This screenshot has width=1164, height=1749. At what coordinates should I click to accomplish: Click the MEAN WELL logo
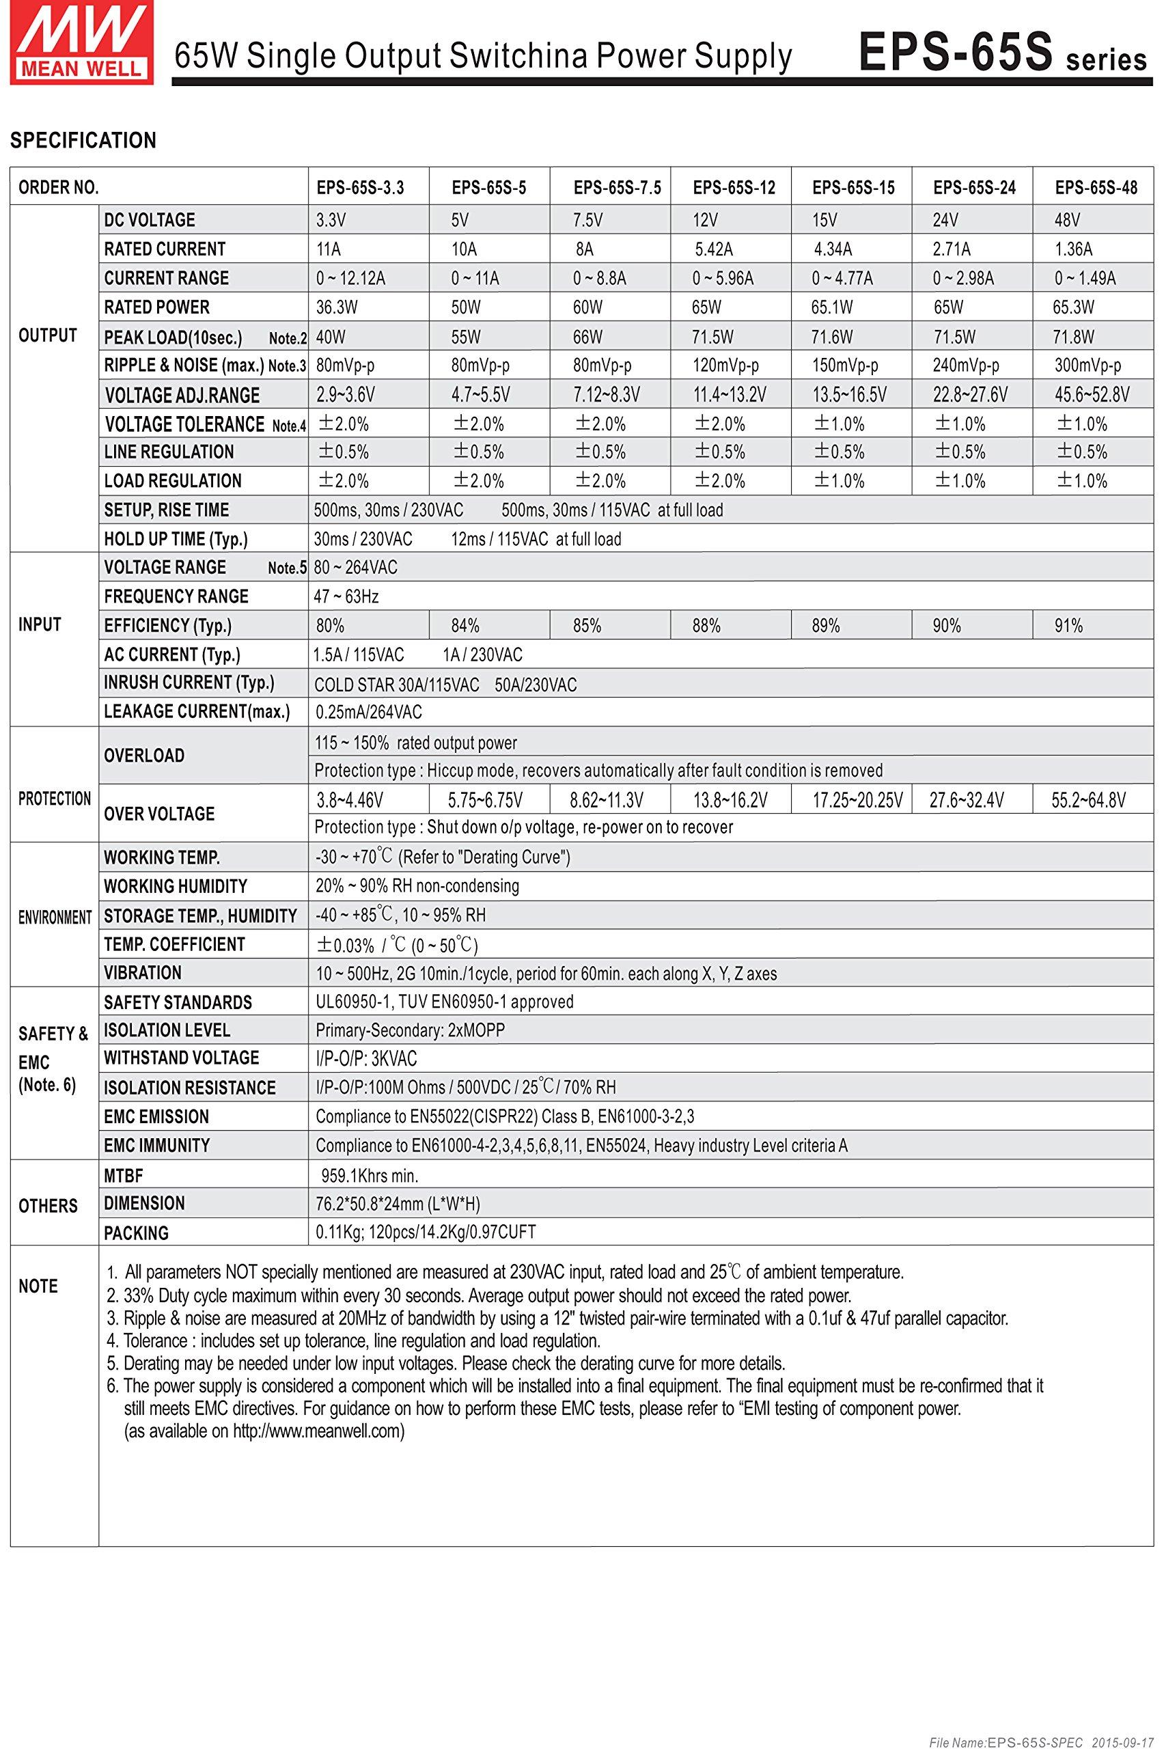click(81, 42)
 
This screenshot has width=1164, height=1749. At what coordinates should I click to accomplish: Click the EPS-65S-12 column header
click(734, 188)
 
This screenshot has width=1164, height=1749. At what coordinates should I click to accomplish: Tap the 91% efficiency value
click(1068, 626)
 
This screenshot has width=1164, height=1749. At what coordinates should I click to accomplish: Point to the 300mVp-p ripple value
click(1087, 366)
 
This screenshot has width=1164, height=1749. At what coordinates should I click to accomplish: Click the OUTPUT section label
click(48, 335)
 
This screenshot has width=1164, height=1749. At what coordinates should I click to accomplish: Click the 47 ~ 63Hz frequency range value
click(347, 597)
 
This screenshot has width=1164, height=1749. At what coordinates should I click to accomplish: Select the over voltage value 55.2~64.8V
click(1088, 799)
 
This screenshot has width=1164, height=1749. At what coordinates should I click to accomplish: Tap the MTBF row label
click(123, 1176)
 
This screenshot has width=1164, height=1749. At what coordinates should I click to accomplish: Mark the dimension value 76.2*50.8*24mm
click(398, 1204)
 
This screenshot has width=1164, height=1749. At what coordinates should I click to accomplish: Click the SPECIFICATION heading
click(83, 140)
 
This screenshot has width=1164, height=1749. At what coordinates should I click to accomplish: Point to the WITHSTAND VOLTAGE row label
click(182, 1058)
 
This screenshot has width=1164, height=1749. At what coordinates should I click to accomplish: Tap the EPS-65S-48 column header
click(1096, 188)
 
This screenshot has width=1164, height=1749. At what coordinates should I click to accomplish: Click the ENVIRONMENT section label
click(55, 918)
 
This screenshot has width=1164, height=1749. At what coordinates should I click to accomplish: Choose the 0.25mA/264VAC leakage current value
click(368, 713)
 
